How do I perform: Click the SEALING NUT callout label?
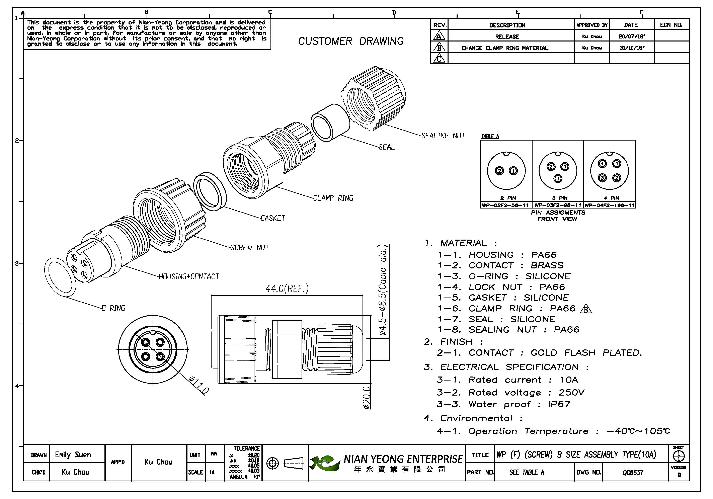(443, 136)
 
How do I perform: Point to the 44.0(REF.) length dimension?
(287, 289)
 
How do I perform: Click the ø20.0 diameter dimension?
(367, 398)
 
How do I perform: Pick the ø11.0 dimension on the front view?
(199, 385)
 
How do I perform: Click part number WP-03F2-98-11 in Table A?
(558, 205)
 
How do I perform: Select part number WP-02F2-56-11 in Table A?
(506, 205)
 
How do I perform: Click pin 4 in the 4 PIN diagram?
(603, 164)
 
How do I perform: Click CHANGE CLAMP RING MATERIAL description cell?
(505, 48)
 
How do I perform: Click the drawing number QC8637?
(633, 472)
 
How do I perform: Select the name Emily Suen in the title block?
(73, 455)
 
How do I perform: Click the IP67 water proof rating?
(559, 404)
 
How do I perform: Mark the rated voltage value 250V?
(571, 393)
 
